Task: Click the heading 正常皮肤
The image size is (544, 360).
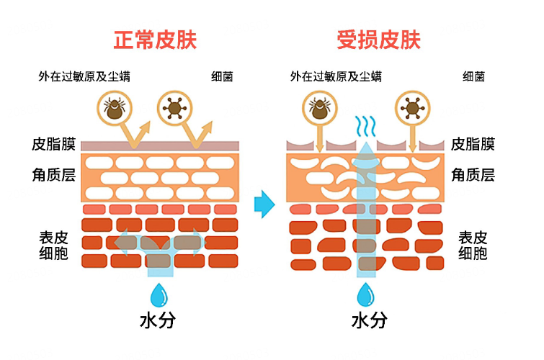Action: pyautogui.click(x=155, y=39)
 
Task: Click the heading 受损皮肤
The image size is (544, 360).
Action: pyautogui.click(x=378, y=39)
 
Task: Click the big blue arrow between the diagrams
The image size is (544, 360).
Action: pyautogui.click(x=265, y=204)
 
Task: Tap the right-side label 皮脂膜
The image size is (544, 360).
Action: pyautogui.click(x=473, y=144)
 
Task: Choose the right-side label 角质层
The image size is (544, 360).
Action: pyautogui.click(x=473, y=174)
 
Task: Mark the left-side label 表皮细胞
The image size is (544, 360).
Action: pyautogui.click(x=54, y=245)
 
